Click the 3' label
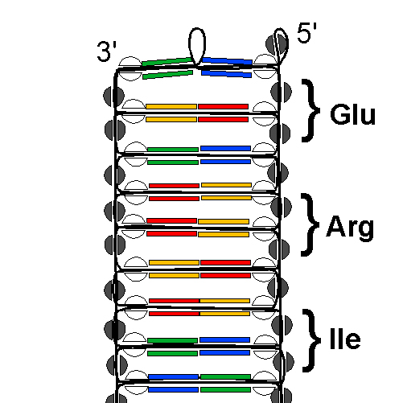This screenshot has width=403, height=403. click(x=107, y=51)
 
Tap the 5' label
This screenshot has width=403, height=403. click(x=307, y=32)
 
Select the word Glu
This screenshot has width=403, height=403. click(x=352, y=114)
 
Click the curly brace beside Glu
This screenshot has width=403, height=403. click(x=311, y=110)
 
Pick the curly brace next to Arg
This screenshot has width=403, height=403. click(x=310, y=224)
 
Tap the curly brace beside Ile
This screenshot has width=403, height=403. click(x=311, y=340)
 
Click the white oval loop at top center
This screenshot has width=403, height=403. click(x=197, y=46)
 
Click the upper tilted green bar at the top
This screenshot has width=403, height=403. click(x=167, y=61)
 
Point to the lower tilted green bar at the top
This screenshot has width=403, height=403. click(x=167, y=75)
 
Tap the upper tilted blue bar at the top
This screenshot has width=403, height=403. click(x=227, y=61)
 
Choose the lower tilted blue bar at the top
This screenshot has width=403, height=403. click(x=227, y=73)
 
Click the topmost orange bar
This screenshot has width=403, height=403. click(x=171, y=106)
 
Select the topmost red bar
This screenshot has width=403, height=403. click(x=224, y=106)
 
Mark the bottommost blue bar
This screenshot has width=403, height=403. click(x=173, y=389)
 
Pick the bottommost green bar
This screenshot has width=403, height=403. click(x=225, y=389)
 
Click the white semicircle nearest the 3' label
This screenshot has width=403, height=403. click(x=130, y=62)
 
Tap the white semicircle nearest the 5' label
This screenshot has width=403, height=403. click(x=265, y=60)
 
